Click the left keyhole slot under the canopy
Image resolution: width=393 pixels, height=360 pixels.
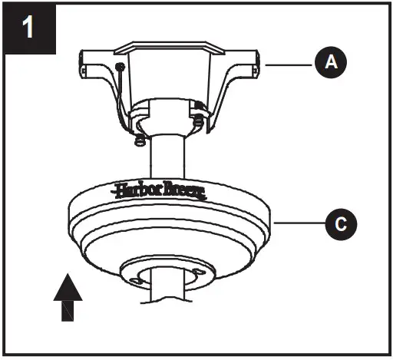(x=137, y=281)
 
